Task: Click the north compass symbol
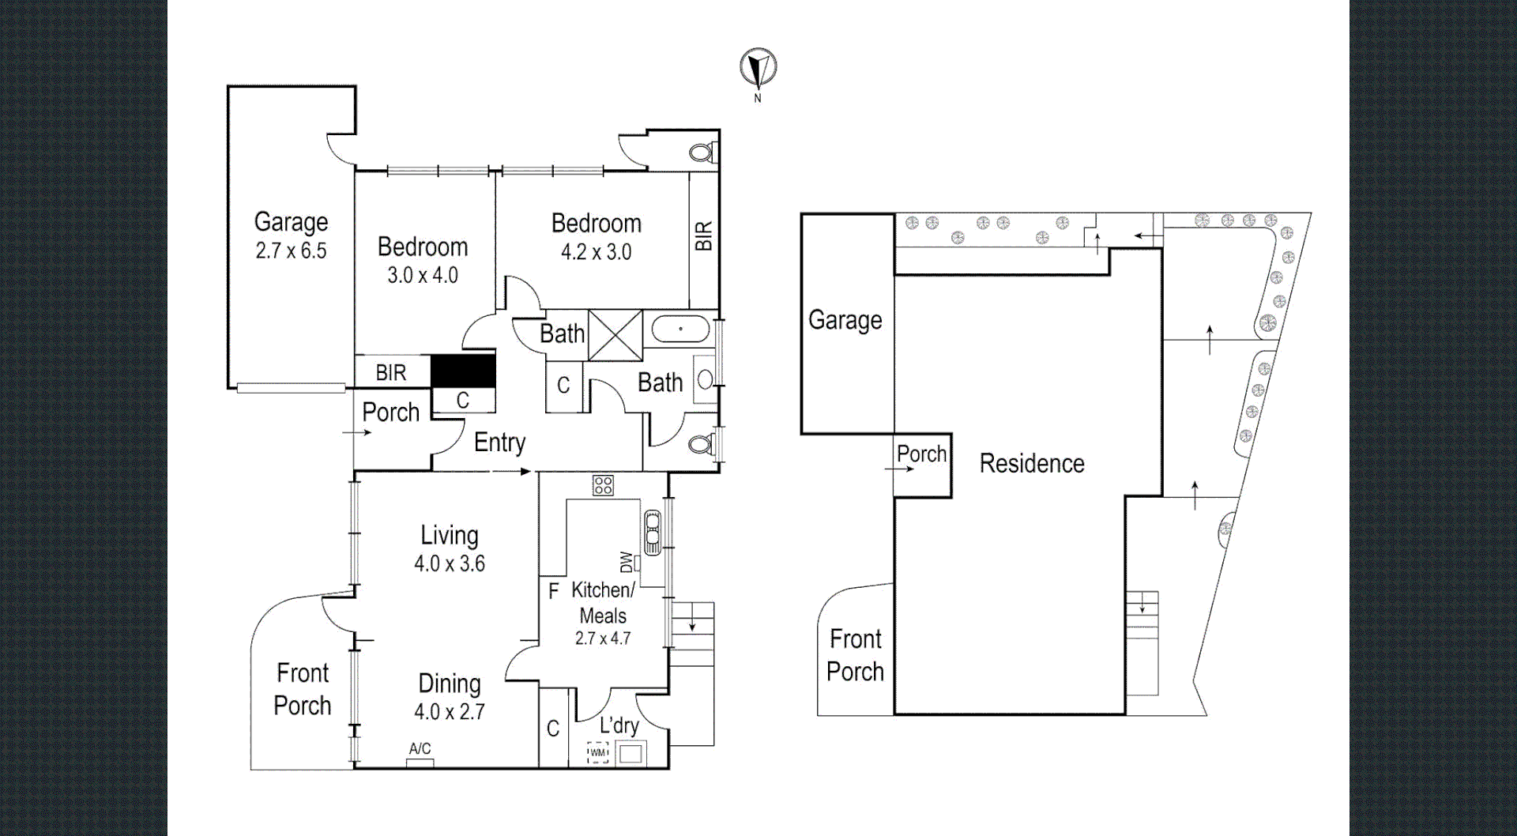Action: (x=758, y=69)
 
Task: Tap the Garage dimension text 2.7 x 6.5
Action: (x=291, y=251)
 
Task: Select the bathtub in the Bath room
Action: (x=680, y=329)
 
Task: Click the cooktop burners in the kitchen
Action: (x=604, y=485)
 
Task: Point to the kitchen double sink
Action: (x=653, y=532)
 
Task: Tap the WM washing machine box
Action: (x=598, y=753)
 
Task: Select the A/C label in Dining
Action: (x=420, y=748)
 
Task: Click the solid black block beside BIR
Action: (x=463, y=371)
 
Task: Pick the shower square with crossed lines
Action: (x=615, y=336)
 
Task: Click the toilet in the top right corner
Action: (x=702, y=152)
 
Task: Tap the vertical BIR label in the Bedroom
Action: (x=703, y=235)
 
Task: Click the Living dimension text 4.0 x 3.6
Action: (x=450, y=563)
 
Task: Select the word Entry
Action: (x=499, y=442)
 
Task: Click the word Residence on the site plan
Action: (x=1032, y=464)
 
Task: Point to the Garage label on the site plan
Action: (x=845, y=320)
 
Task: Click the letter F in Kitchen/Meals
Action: (x=553, y=590)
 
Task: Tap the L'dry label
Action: (x=619, y=725)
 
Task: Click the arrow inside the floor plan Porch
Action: (x=357, y=432)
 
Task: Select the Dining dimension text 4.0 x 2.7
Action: (x=450, y=712)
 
